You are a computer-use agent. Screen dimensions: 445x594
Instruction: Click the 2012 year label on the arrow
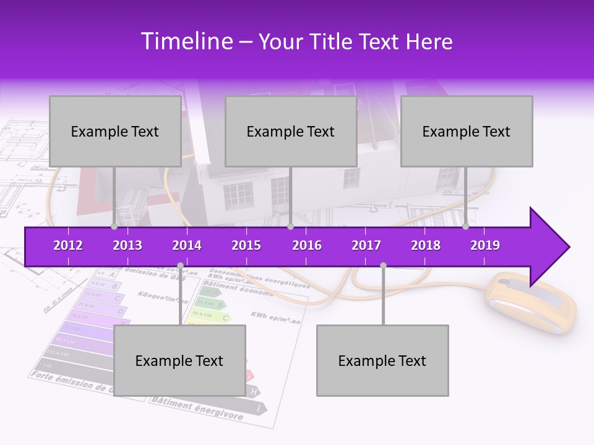pyautogui.click(x=68, y=245)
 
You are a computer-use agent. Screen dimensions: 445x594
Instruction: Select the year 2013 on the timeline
pyautogui.click(x=127, y=245)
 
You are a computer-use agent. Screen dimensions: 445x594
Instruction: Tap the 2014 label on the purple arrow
pyautogui.click(x=187, y=245)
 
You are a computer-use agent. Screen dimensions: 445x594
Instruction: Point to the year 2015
pyautogui.click(x=246, y=245)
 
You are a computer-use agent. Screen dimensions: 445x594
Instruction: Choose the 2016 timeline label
pyautogui.click(x=307, y=245)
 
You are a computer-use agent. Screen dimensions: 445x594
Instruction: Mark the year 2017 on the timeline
pyautogui.click(x=366, y=245)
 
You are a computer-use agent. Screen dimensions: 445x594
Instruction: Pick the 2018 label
pyautogui.click(x=426, y=245)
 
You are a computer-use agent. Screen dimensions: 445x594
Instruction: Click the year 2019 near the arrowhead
pyautogui.click(x=485, y=245)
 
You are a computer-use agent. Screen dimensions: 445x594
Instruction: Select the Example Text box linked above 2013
pyautogui.click(x=115, y=132)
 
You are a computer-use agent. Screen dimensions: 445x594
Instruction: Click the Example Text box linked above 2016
pyautogui.click(x=291, y=132)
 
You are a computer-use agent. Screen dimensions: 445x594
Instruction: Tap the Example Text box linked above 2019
pyautogui.click(x=467, y=132)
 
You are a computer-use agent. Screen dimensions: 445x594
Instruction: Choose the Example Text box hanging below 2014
pyautogui.click(x=179, y=360)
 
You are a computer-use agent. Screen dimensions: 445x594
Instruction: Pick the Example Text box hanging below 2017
pyautogui.click(x=382, y=360)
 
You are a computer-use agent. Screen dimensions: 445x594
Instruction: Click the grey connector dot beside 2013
pyautogui.click(x=114, y=227)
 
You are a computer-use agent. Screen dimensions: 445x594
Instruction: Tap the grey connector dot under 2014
pyautogui.click(x=180, y=265)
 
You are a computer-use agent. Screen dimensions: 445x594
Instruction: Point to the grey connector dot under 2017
pyautogui.click(x=383, y=265)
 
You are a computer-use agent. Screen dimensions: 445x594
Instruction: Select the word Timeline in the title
pyautogui.click(x=186, y=41)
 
